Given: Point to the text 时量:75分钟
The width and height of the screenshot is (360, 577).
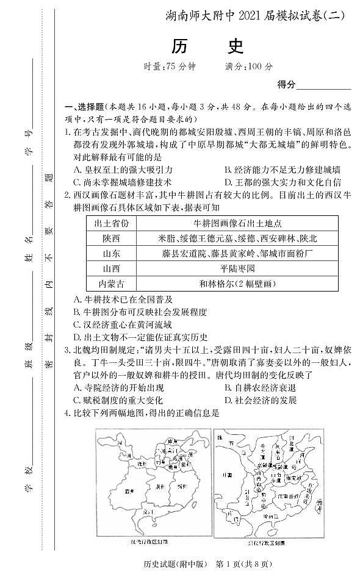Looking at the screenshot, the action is tap(164, 66).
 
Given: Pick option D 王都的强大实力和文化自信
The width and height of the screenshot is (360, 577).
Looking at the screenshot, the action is tap(283, 182).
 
